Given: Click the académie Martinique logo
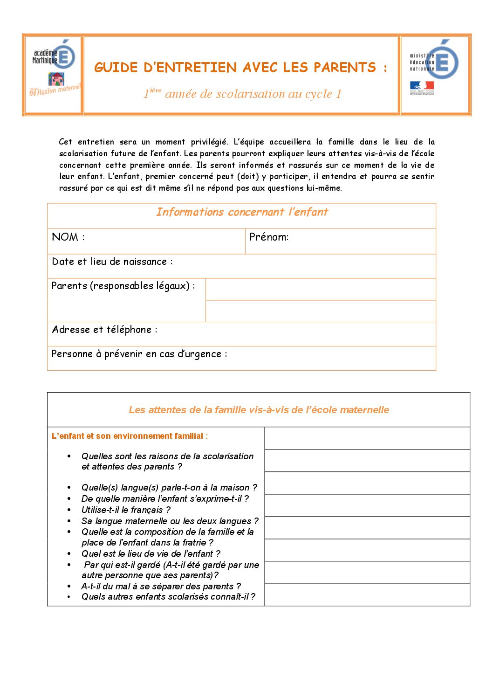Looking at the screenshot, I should (x=54, y=68).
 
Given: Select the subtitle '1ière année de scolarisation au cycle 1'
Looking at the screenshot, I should (x=242, y=94).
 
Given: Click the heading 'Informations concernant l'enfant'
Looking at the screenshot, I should (x=242, y=212).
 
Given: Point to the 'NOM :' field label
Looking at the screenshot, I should (x=68, y=237).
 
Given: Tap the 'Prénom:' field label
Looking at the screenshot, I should (x=269, y=237).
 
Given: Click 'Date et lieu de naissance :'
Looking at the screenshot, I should (x=112, y=262).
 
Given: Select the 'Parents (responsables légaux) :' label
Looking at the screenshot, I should (x=123, y=286).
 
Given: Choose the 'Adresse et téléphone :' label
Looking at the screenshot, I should (x=104, y=330).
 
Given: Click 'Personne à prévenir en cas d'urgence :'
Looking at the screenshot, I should (x=139, y=354).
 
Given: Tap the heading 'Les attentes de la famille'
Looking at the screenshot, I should (x=259, y=410).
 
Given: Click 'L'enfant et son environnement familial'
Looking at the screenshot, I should (x=128, y=436).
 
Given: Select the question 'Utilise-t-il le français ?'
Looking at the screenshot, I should (x=126, y=510).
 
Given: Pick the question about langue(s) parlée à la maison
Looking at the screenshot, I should (x=169, y=487).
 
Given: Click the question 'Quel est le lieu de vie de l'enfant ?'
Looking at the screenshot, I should (x=151, y=553).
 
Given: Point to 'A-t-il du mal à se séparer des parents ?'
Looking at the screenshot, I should (x=161, y=586).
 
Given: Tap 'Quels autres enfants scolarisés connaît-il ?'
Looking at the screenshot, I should (x=168, y=597).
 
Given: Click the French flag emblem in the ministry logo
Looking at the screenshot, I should (x=422, y=86).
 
